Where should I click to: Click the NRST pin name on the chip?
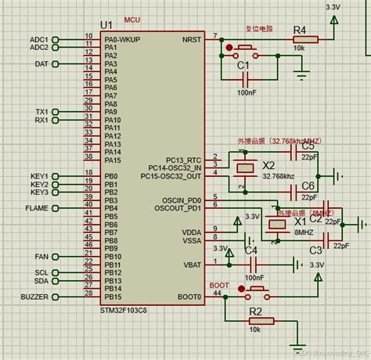click(191, 38)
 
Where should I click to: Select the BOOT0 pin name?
click(189, 297)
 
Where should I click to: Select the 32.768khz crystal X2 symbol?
click(246, 167)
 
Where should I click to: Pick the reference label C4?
click(250, 250)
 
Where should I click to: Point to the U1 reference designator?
click(107, 26)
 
